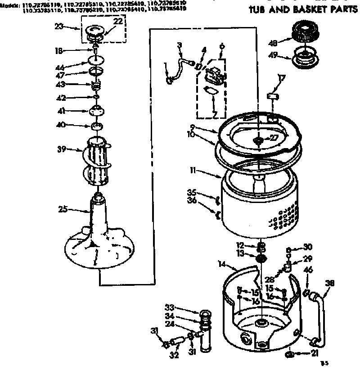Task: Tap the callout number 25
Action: [x=63, y=209]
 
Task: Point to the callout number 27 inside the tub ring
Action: [x=273, y=138]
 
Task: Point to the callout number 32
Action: [x=174, y=355]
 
